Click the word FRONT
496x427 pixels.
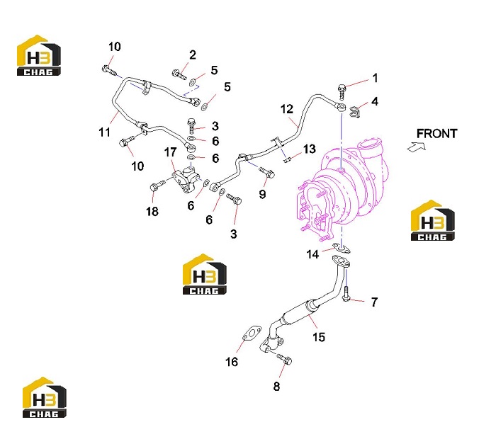coord(436,133)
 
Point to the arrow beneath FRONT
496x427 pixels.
coord(417,147)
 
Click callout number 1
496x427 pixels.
coord(375,78)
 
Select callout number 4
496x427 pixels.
coord(375,101)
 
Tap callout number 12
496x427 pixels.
coord(286,109)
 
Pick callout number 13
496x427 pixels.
coord(309,149)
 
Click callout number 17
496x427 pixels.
coord(170,152)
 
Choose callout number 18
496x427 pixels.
coord(152,212)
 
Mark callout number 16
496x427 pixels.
coord(231,362)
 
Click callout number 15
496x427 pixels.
coord(319,337)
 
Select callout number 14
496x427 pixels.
coord(312,254)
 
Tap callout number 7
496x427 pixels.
coord(374,302)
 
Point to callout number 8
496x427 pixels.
coord(276,386)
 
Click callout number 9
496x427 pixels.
coord(262,194)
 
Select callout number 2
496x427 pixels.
coord(192,55)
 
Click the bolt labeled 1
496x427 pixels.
coord(342,91)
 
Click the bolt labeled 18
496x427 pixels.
coord(157,186)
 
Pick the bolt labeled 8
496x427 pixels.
coord(284,359)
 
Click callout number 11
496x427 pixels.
coord(104,132)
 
